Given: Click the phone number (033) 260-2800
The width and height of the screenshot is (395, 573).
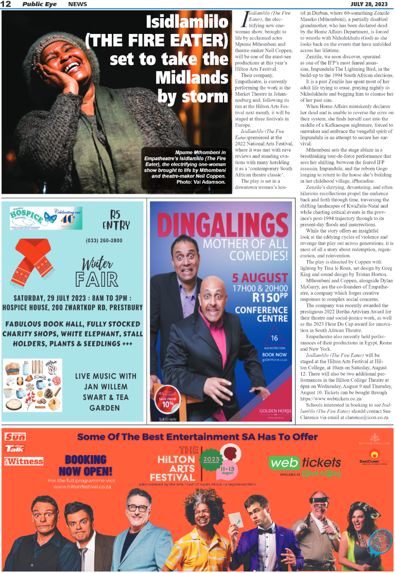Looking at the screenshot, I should [105, 240].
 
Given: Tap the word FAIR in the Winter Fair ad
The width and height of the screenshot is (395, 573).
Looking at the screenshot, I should [97, 279].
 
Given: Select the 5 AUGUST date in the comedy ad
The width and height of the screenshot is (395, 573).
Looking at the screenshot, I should [260, 279].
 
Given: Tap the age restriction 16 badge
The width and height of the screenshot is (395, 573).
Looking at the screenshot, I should [274, 338].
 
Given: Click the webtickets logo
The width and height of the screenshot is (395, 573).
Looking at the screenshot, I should [305, 462].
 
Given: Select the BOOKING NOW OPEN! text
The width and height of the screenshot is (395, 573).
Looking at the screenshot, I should [85, 465].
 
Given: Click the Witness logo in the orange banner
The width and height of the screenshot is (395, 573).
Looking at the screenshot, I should [24, 461].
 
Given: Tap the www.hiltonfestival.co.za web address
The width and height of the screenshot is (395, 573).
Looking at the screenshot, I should [82, 487].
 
